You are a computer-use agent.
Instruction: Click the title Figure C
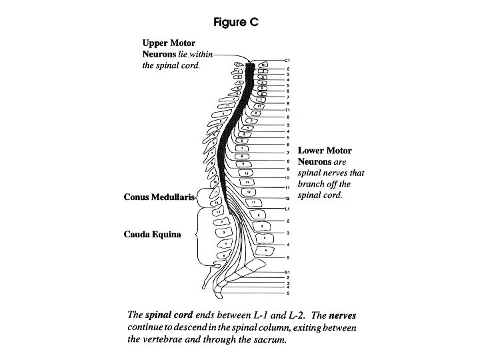pos(235,22)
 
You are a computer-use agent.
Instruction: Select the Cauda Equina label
pos(152,235)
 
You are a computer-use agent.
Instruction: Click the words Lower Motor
pos(324,151)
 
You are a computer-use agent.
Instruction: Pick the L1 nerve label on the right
pos(287,208)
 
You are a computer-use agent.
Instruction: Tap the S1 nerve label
pos(287,272)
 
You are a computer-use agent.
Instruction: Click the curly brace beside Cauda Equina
pos(195,235)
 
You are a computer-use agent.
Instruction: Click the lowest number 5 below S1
pos(287,293)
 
